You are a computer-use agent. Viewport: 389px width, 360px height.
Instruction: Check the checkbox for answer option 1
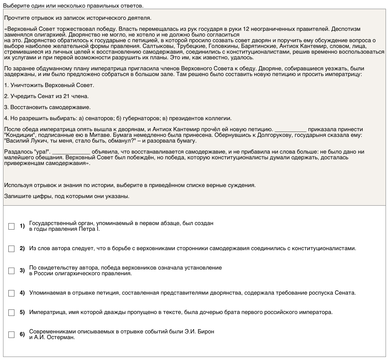(11, 226)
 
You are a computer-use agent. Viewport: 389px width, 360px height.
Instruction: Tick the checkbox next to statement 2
(11, 249)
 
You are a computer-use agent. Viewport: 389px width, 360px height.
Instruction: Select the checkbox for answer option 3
(11, 271)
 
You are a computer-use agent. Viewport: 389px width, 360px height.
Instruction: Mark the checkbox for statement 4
(11, 293)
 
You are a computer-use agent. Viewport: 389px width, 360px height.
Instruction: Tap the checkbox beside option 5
(11, 312)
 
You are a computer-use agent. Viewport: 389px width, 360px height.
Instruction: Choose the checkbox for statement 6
(11, 335)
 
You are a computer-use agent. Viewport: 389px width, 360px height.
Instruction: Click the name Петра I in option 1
(89, 229)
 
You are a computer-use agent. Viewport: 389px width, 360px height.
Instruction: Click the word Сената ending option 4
(345, 293)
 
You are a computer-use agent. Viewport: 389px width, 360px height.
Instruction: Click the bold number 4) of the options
(22, 293)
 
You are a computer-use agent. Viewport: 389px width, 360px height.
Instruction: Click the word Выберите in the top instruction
(14, 6)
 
